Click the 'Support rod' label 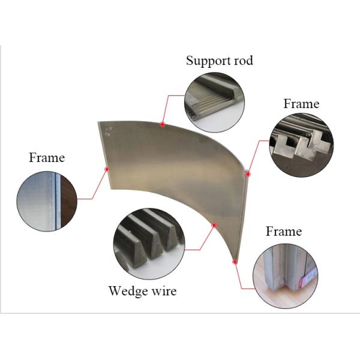coord(219,61)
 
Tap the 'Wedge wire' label coord(142,292)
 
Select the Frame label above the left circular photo coord(47,158)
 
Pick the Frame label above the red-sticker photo coord(284,231)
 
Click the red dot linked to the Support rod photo coord(163,125)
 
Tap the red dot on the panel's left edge coord(107,169)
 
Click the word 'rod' coord(242,61)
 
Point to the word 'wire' coord(164,292)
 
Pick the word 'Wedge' coord(128,292)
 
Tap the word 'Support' coord(208,61)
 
